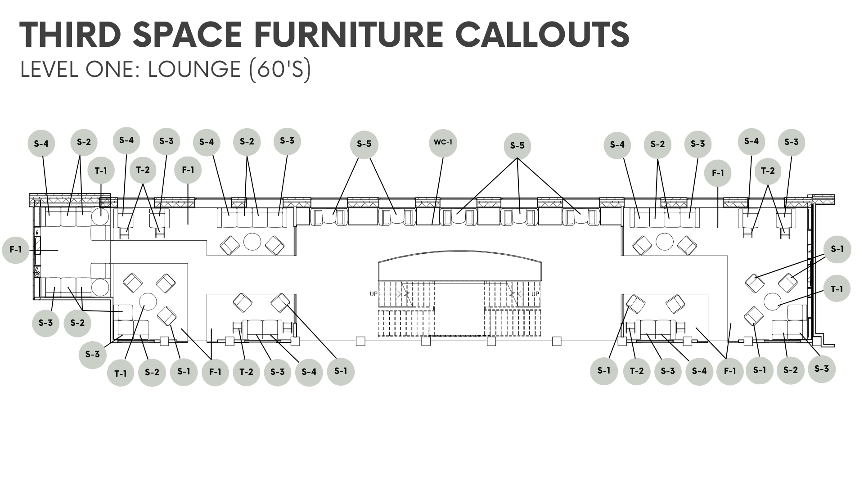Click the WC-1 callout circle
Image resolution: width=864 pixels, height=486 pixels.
tap(443, 143)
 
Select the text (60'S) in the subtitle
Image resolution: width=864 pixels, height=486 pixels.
tap(280, 69)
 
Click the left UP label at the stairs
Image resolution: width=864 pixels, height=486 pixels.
tap(373, 294)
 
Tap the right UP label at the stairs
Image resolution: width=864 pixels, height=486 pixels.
tap(535, 294)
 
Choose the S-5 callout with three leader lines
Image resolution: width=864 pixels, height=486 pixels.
tap(517, 146)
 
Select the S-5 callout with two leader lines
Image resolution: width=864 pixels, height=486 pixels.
tap(364, 144)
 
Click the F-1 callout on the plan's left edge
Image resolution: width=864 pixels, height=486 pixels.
tap(16, 249)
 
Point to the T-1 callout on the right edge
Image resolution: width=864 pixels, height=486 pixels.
tap(837, 289)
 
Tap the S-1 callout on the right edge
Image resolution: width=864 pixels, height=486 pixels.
tap(837, 249)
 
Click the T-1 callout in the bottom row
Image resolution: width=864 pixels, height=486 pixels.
tap(120, 373)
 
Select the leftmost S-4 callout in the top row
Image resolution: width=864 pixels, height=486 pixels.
tap(41, 144)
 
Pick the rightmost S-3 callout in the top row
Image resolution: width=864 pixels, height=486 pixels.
tap(792, 142)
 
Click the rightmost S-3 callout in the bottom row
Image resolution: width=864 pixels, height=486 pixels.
tap(822, 369)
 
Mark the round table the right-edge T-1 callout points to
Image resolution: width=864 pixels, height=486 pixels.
tap(773, 301)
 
